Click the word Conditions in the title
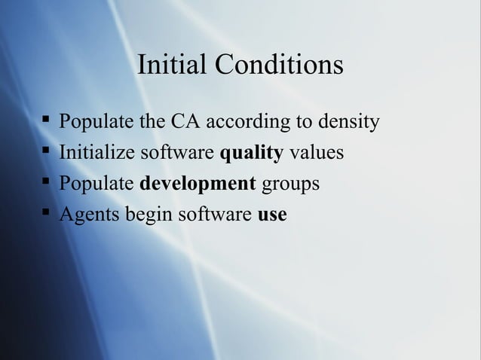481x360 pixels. [x=278, y=66]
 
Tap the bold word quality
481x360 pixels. [x=251, y=154]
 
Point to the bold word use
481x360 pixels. [x=272, y=215]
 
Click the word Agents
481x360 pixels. [x=90, y=215]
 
